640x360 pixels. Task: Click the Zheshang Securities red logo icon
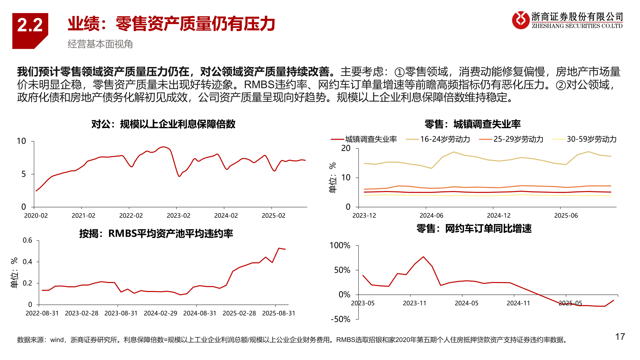[521, 20]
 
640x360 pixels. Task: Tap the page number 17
[620, 337]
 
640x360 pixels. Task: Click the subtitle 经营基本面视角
[100, 44]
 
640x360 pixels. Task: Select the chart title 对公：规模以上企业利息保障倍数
[163, 124]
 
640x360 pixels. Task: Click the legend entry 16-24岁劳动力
[445, 139]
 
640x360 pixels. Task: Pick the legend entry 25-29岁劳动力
[518, 139]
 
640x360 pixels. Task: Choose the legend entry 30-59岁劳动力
[591, 139]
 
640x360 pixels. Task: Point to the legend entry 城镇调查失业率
[371, 139]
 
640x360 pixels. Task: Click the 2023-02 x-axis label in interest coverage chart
[178, 216]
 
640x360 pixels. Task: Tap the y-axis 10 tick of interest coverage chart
[21, 141]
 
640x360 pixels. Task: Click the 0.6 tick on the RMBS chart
[27, 240]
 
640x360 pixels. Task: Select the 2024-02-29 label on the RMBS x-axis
[160, 313]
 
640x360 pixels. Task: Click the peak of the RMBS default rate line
[279, 248]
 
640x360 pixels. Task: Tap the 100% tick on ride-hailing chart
[340, 246]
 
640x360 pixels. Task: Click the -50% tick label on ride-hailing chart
[340, 319]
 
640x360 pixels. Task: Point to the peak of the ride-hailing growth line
[423, 257]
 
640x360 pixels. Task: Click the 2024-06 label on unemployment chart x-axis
[431, 216]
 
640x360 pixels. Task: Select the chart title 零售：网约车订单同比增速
[474, 229]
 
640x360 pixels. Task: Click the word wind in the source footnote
[57, 340]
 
